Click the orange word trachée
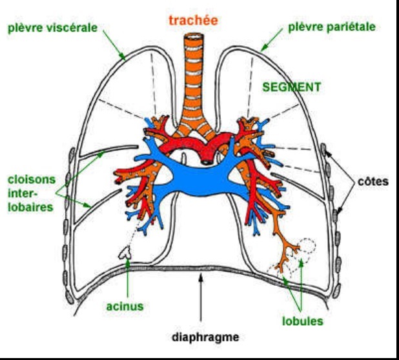pos(193,20)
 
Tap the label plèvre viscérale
pos(53,28)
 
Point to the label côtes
pos(373,181)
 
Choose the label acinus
pos(125,306)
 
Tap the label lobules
pos(302,321)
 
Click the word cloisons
pos(32,179)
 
